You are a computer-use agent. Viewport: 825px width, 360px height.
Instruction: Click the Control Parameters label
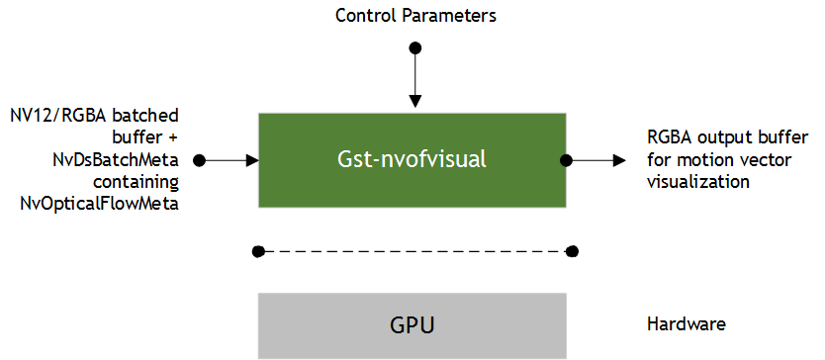click(x=414, y=15)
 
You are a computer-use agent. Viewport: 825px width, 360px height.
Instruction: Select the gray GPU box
click(x=412, y=324)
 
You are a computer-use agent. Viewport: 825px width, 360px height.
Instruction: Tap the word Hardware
click(x=687, y=324)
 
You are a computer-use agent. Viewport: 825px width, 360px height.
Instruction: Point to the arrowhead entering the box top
click(x=415, y=100)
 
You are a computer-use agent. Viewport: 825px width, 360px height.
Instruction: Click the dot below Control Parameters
click(x=415, y=47)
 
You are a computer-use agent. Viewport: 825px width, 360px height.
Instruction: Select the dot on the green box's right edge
click(x=567, y=159)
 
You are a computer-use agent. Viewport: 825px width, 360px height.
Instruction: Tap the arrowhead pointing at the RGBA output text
click(x=618, y=159)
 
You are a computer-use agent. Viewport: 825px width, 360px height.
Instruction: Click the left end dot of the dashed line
click(x=258, y=252)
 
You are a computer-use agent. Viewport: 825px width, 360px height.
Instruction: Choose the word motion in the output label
click(x=694, y=160)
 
